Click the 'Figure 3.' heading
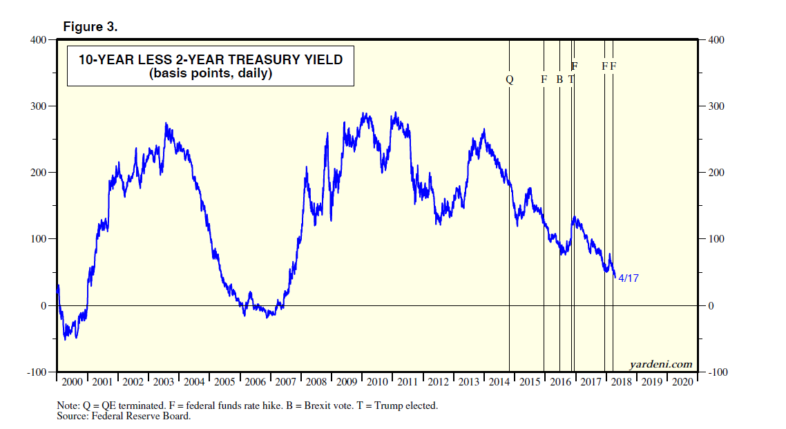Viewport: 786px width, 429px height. point(90,27)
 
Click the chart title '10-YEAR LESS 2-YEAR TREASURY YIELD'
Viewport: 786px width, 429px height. point(210,60)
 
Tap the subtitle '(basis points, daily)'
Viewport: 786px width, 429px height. point(210,73)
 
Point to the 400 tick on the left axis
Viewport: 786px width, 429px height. point(37,40)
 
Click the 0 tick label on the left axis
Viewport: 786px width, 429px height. point(42,306)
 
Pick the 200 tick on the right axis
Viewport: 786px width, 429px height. point(716,173)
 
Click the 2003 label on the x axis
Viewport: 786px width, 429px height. point(163,382)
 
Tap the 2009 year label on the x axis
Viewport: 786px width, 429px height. point(346,382)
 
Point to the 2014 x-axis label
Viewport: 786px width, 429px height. point(499,382)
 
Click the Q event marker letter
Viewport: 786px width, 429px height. point(510,79)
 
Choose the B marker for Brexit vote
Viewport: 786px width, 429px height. point(559,79)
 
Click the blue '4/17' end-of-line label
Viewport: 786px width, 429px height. point(629,278)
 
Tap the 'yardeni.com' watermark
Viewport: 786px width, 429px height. point(660,364)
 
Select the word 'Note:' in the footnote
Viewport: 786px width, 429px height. point(68,406)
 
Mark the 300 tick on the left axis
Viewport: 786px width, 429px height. point(37,106)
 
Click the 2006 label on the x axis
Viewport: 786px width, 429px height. point(255,382)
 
